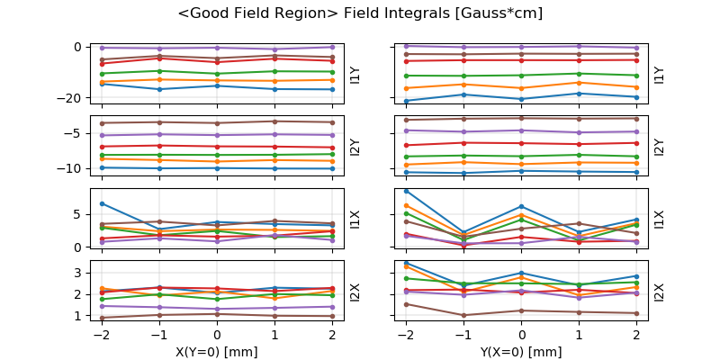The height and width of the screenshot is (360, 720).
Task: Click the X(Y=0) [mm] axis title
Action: coord(217,352)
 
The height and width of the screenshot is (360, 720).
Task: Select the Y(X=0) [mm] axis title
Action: coord(522,352)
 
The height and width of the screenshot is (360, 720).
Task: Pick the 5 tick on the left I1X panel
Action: coord(77,214)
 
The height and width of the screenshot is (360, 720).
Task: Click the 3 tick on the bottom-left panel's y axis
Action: coord(77,273)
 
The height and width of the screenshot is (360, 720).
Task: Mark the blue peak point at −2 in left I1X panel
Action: coord(102,203)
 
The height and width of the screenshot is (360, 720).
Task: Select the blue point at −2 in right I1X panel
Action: coord(407,191)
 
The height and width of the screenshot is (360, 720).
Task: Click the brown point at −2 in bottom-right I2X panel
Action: coord(407,304)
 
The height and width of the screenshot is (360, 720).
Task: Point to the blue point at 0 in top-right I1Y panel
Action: coord(522,99)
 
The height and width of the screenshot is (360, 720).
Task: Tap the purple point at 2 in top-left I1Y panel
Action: coord(332,47)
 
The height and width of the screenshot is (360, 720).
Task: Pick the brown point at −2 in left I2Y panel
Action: coord(102,123)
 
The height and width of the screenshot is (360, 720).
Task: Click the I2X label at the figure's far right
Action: coord(659,292)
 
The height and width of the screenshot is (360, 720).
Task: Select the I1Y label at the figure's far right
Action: coord(659,74)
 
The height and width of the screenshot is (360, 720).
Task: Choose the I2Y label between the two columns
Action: coord(354,147)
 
